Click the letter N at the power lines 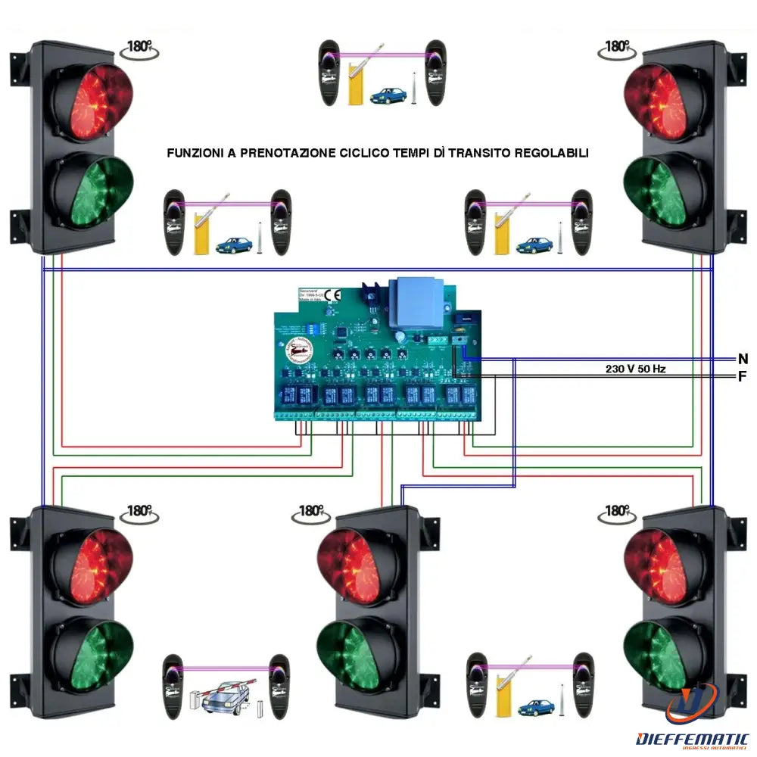742,359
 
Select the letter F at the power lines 742,376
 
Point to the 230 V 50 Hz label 635,369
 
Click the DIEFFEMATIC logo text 693,738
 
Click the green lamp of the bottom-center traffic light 350,652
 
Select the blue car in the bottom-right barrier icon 536,709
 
